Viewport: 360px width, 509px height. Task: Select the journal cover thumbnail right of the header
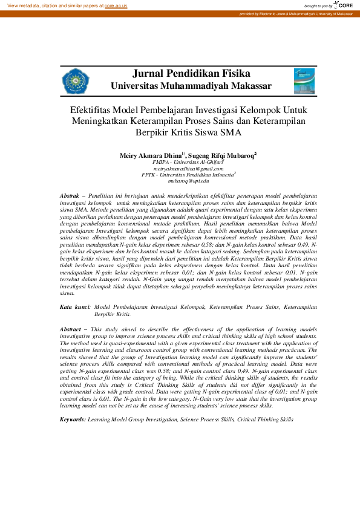(x=304, y=81)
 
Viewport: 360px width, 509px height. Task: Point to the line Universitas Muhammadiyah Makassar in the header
(x=191, y=86)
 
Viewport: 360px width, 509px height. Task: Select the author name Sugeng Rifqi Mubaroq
(x=222, y=155)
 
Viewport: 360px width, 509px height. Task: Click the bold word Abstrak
(x=71, y=196)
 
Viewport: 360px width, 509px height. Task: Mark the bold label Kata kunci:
(x=75, y=307)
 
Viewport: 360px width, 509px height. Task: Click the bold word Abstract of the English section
(x=73, y=329)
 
